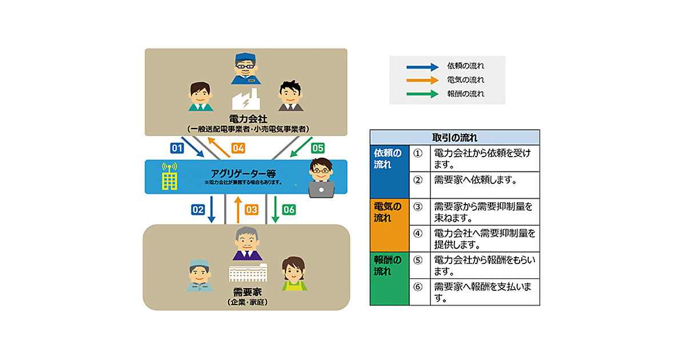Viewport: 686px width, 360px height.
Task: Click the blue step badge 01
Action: tap(177, 148)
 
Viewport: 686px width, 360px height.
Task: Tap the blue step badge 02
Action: tap(198, 210)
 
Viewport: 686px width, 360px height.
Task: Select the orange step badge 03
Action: tap(252, 210)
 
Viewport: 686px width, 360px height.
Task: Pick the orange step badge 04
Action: tap(238, 148)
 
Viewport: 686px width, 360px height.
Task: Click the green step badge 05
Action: tap(317, 148)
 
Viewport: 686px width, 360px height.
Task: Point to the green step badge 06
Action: tap(289, 210)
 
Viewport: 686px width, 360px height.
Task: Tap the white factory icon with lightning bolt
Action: tap(246, 101)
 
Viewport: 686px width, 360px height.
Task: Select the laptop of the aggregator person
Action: tap(321, 189)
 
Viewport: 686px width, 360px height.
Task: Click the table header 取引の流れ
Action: tap(454, 138)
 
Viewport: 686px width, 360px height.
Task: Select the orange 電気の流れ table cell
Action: tap(389, 225)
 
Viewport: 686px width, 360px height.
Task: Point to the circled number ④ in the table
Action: tap(418, 233)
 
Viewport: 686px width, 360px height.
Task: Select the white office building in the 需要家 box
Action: tap(247, 273)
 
